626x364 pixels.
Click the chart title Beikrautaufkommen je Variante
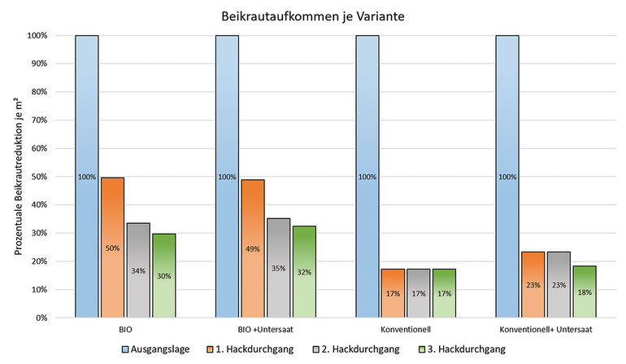[x=313, y=15]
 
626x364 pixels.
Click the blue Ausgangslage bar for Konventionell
[x=367, y=176]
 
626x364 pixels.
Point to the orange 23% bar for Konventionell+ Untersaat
[x=533, y=284]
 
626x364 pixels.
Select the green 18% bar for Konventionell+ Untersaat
[x=585, y=292]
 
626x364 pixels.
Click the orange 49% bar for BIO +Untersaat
[x=252, y=248]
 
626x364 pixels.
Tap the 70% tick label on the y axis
[x=38, y=121]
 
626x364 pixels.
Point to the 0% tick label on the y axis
[x=41, y=318]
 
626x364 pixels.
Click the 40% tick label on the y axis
[x=38, y=205]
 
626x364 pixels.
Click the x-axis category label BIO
[x=125, y=331]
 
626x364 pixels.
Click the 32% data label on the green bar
[x=304, y=273]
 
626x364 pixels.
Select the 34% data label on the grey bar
[x=138, y=271]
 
